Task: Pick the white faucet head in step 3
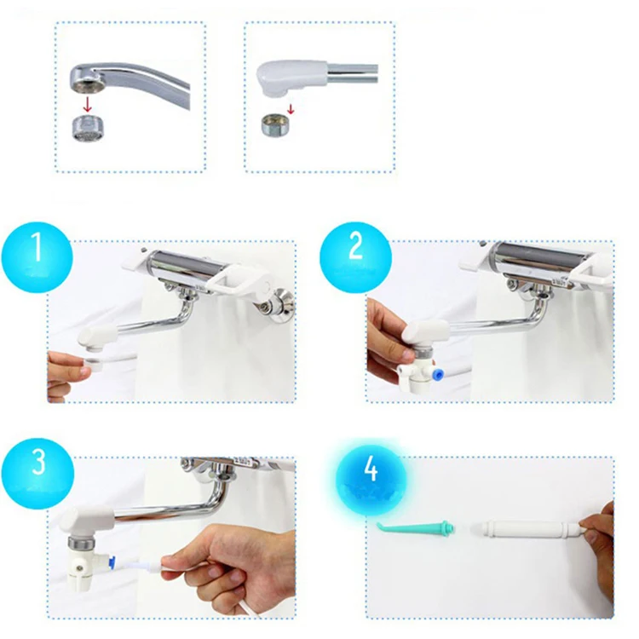click(x=88, y=518)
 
